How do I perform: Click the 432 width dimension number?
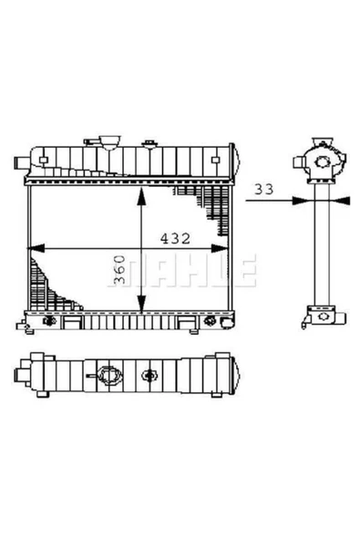coord(174,239)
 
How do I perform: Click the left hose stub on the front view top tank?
coord(20,164)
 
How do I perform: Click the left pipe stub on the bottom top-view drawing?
coord(19,374)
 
